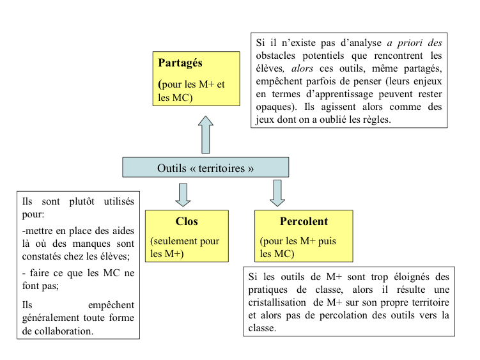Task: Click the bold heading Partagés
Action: click(180, 63)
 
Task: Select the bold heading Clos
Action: click(187, 222)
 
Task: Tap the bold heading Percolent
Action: click(304, 222)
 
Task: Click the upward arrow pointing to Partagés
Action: click(205, 134)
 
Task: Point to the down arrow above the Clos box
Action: click(183, 194)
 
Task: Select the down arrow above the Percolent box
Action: click(277, 192)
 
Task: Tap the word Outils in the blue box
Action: click(173, 168)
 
